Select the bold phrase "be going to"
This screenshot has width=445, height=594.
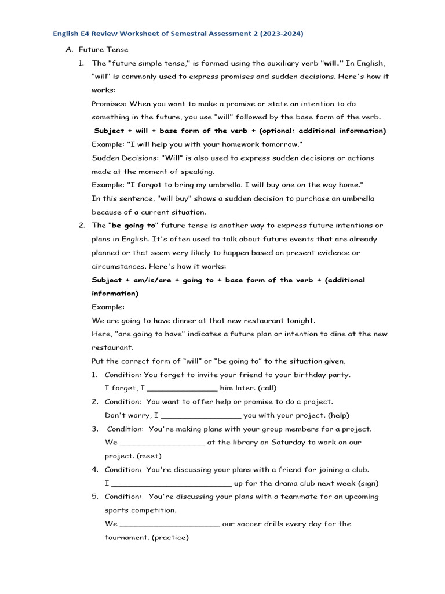click(x=133, y=226)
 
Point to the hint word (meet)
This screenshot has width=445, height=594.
click(x=149, y=456)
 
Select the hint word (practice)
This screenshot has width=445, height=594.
click(x=170, y=538)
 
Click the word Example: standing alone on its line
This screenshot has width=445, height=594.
click(x=108, y=307)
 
